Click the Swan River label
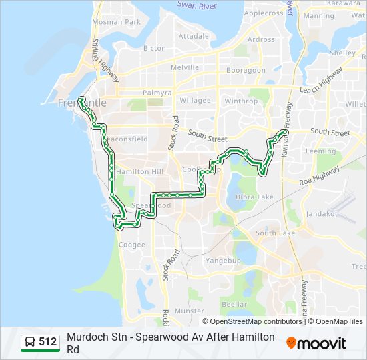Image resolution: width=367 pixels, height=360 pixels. (198, 5)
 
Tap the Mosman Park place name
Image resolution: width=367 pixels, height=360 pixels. (117, 22)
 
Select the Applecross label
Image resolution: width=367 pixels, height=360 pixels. (264, 13)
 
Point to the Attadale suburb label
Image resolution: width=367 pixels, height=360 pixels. (194, 36)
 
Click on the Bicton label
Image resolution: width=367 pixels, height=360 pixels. (154, 48)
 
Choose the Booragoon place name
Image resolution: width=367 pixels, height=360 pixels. (246, 70)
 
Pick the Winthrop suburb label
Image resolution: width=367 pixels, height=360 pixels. (241, 101)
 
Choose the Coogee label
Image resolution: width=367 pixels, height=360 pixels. (131, 245)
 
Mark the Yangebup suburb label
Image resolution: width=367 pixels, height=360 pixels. (223, 260)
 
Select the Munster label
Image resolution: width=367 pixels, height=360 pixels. (189, 311)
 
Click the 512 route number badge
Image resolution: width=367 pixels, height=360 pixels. (41, 342)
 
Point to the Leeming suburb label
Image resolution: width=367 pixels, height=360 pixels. (320, 151)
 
